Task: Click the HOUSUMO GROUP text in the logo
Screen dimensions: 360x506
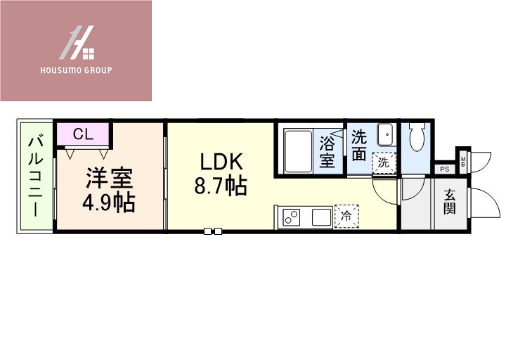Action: tap(77, 70)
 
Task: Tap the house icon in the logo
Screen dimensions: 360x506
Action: tap(77, 44)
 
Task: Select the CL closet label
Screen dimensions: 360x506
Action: tap(82, 134)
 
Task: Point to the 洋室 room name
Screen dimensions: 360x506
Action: tap(110, 178)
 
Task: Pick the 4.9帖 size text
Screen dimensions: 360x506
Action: tap(110, 202)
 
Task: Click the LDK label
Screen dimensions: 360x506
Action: tap(221, 162)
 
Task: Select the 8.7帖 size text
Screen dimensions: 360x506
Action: tap(221, 186)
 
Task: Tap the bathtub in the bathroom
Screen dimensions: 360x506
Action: tap(297, 149)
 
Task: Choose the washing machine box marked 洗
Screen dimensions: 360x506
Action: tap(384, 162)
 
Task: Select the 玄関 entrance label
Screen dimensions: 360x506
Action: tap(450, 202)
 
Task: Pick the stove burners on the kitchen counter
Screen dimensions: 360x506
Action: tap(290, 217)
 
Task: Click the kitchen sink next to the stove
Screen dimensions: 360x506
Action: tap(322, 217)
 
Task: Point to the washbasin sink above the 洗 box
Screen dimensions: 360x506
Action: tap(385, 136)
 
